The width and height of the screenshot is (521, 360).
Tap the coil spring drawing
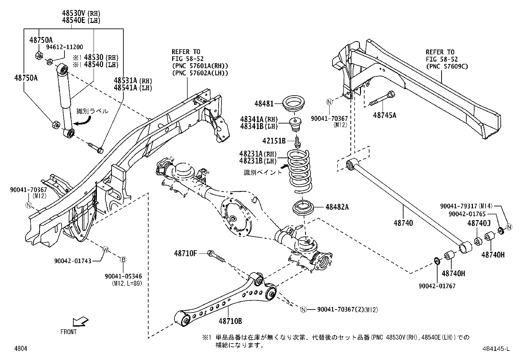299,172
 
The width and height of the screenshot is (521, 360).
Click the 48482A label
337,207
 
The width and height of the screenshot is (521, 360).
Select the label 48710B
231,321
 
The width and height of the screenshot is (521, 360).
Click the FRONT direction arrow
80,321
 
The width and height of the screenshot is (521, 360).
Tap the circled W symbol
105,250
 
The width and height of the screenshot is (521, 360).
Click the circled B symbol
123,260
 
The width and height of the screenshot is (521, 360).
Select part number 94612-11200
64,47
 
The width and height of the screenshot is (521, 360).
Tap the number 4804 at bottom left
21,349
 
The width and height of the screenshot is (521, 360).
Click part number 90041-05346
123,276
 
